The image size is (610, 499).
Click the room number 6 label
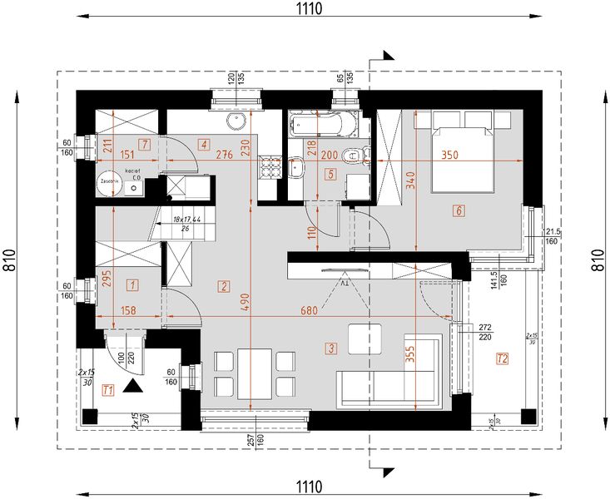[x=458, y=210]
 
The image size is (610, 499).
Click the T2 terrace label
[x=501, y=359]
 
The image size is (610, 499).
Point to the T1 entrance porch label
[x=107, y=389]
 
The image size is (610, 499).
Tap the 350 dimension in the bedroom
[x=450, y=155]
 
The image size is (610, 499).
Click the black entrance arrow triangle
[x=131, y=385]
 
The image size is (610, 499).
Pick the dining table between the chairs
[x=254, y=373]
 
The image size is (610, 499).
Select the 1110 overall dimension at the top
[x=307, y=8]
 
